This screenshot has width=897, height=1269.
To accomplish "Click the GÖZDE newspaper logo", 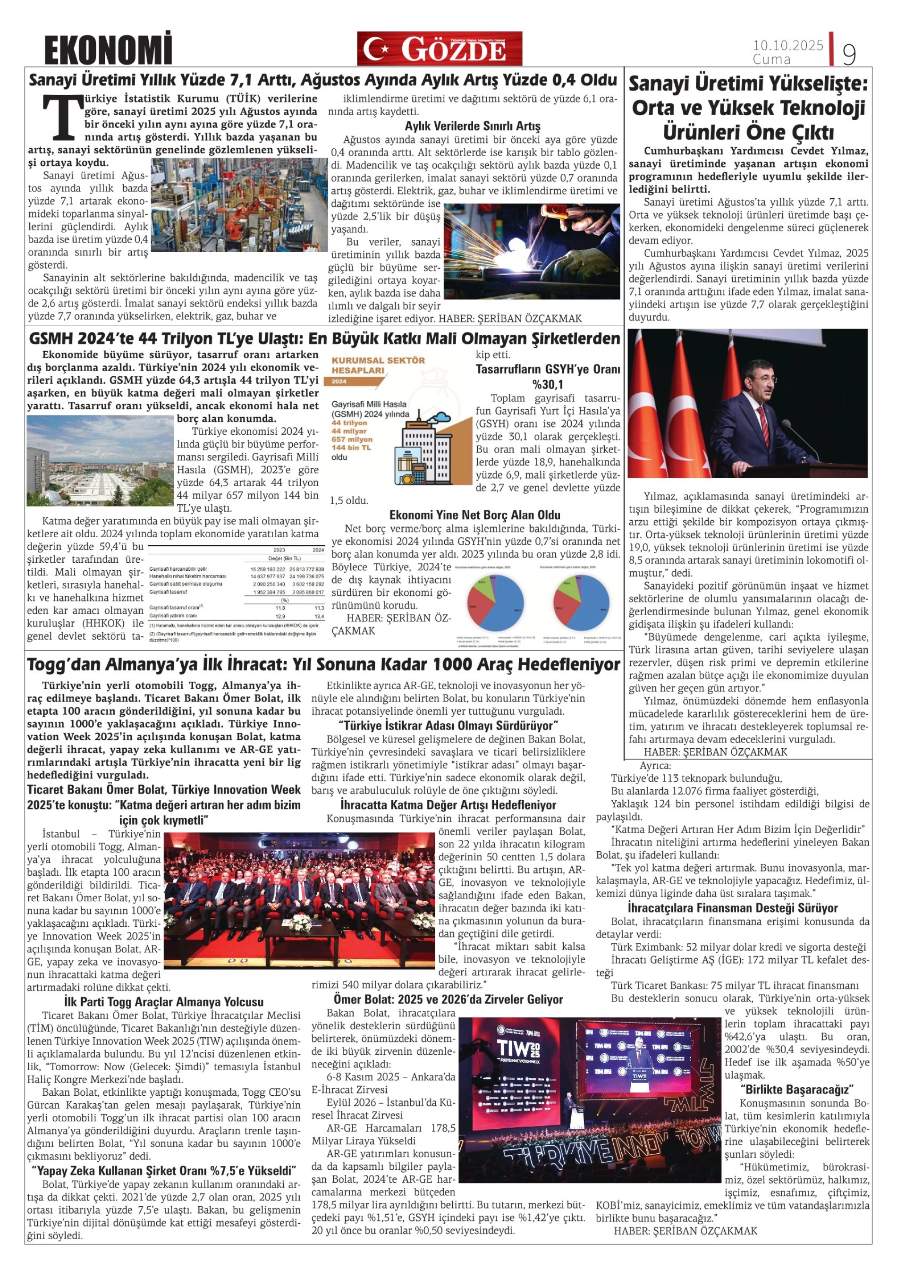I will (440, 49).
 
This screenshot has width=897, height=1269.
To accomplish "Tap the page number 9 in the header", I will (849, 54).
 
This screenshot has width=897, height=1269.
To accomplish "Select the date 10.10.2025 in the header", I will (787, 45).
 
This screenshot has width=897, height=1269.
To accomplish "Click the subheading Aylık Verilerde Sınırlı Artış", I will (473, 126).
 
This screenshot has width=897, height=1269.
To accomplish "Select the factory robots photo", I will (239, 205).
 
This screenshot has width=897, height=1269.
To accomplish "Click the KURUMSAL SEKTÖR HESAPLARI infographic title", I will (378, 365).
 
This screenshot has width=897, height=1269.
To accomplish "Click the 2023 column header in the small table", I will (279, 550).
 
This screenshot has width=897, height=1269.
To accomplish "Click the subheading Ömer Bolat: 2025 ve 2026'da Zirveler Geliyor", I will (448, 999).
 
